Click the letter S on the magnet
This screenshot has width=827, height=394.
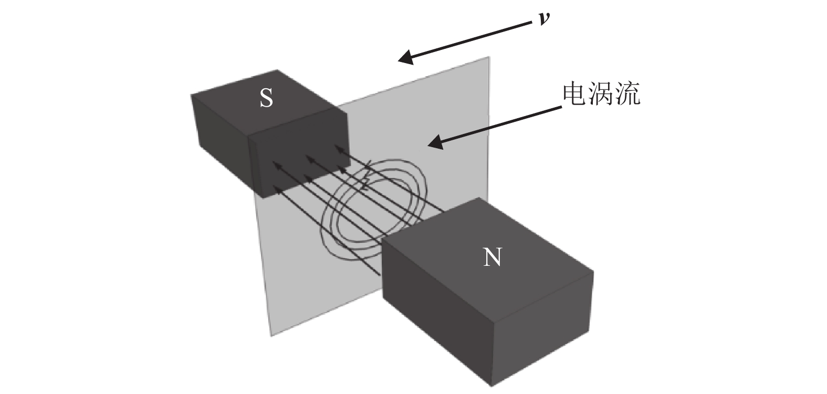266,98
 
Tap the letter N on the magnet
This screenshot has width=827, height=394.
491,258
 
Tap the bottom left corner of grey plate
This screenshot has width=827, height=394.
271,335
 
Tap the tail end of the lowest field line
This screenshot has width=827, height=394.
379,274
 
